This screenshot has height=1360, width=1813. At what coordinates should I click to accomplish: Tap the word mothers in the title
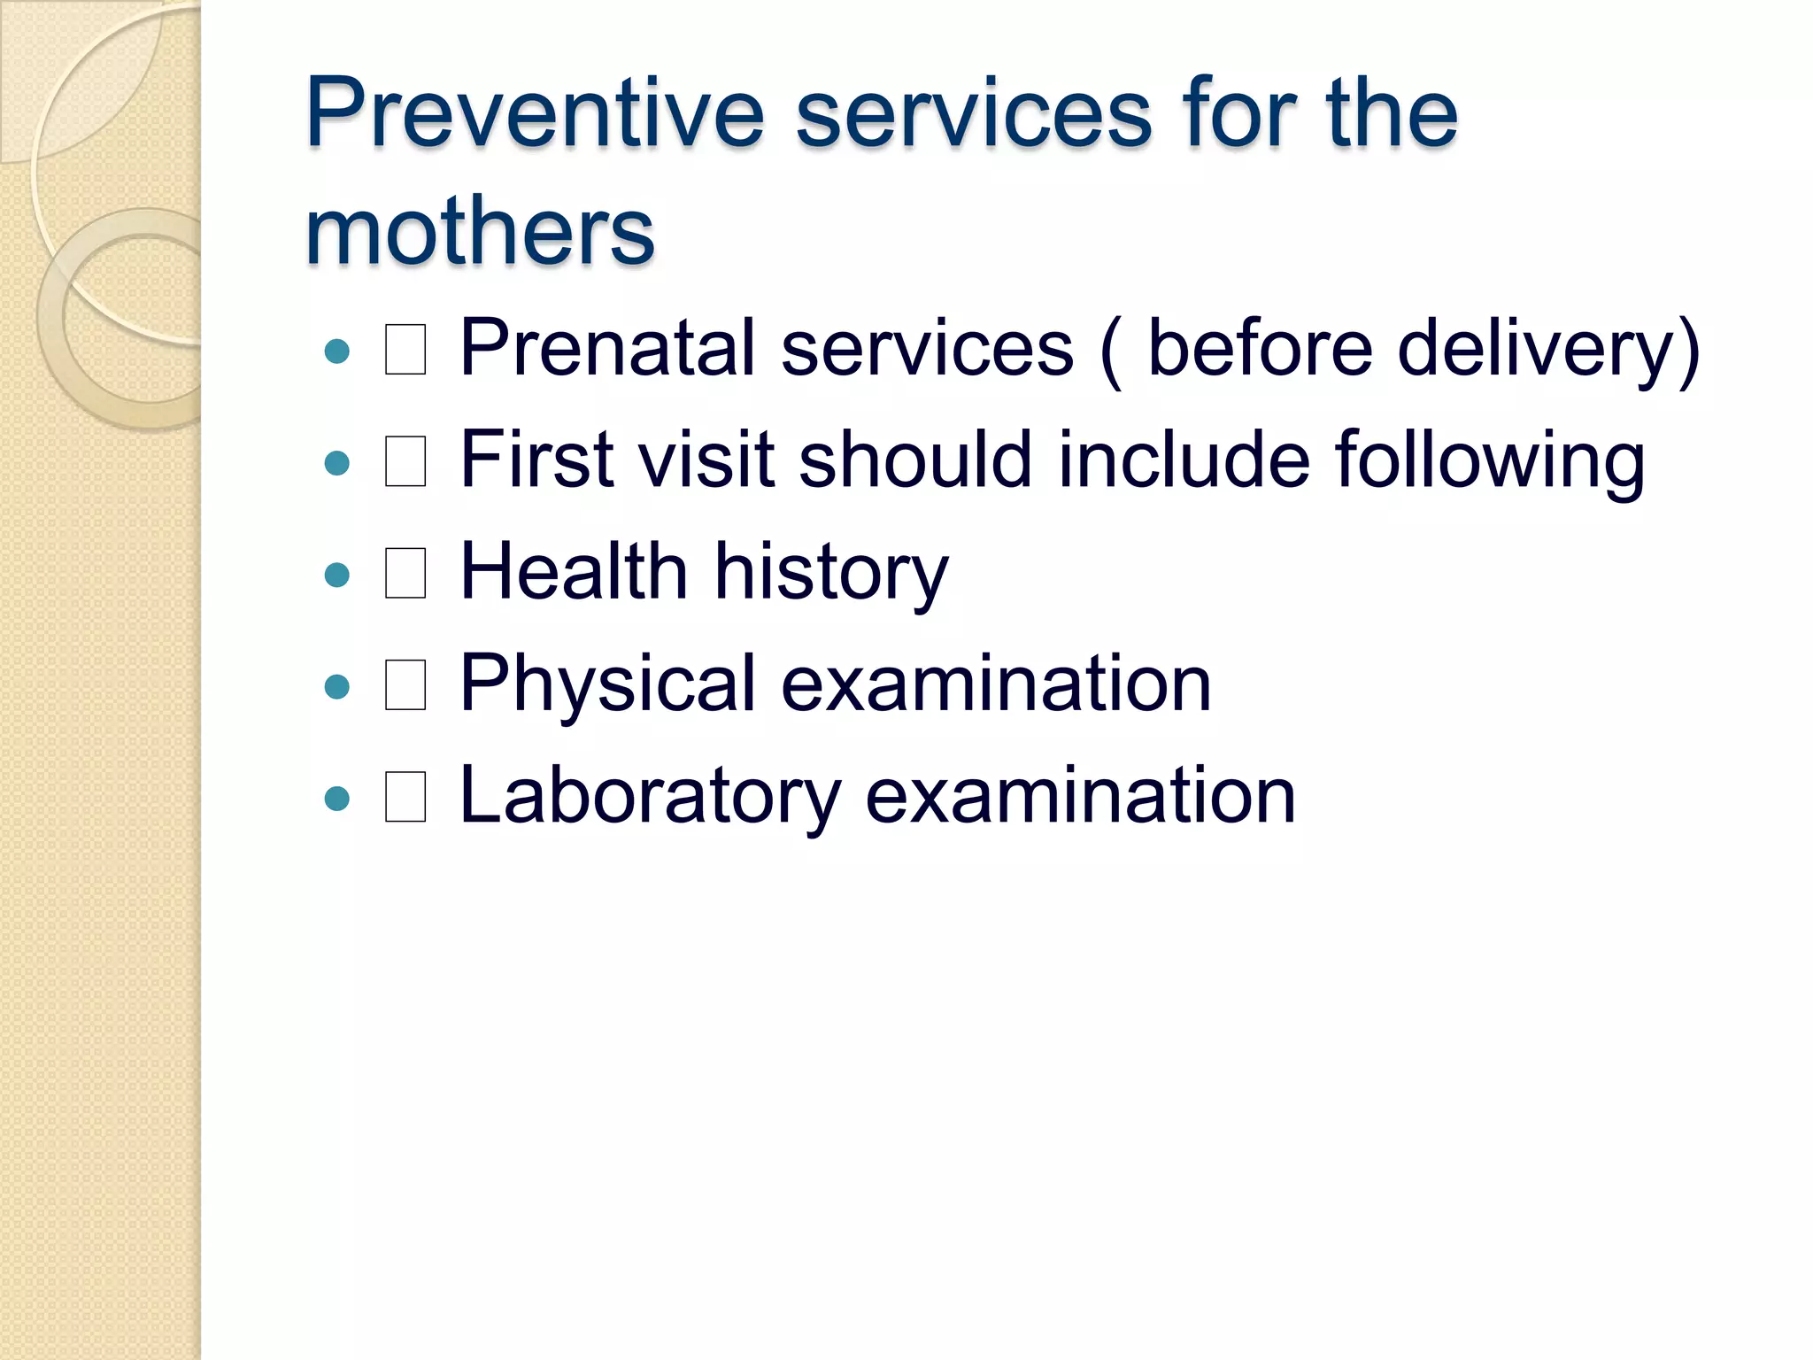pos(479,231)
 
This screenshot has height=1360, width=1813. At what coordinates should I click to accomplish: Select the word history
pos(830,572)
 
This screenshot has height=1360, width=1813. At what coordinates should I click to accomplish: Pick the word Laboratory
pos(650,796)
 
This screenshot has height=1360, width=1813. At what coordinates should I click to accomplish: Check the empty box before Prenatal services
pos(405,350)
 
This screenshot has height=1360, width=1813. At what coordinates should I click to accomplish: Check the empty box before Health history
pos(405,574)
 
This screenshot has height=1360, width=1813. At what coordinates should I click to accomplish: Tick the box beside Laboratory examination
pos(405,798)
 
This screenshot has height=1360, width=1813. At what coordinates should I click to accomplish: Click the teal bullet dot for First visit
pos(337,463)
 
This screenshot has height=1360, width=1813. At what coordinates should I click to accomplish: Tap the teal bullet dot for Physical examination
pos(337,687)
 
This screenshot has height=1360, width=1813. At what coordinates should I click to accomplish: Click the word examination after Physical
pos(995,684)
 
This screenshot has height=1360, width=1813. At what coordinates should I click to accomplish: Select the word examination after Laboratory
pos(1080,796)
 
